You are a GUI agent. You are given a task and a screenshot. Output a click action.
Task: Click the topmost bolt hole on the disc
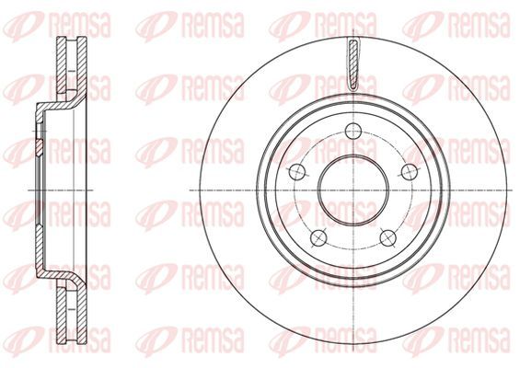pyautogui.click(x=353, y=132)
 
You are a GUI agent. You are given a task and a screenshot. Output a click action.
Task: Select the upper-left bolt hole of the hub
pyautogui.click(x=296, y=172)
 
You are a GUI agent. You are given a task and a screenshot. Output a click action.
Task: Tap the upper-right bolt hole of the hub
pyautogui.click(x=410, y=172)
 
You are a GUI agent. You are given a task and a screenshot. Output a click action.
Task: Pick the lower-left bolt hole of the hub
pyautogui.click(x=318, y=237)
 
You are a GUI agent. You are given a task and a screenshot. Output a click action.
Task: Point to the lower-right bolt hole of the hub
pyautogui.click(x=388, y=237)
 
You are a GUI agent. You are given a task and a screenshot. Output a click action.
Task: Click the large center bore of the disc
pyautogui.click(x=353, y=190)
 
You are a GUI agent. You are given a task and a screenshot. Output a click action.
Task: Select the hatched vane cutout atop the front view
pyautogui.click(x=353, y=63)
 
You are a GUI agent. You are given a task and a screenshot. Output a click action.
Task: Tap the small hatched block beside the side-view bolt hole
pyautogui.click(x=40, y=148)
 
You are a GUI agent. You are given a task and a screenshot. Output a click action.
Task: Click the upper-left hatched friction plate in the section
pyautogui.click(x=62, y=64)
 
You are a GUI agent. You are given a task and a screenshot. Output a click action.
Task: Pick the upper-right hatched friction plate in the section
pyautogui.click(x=82, y=64)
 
